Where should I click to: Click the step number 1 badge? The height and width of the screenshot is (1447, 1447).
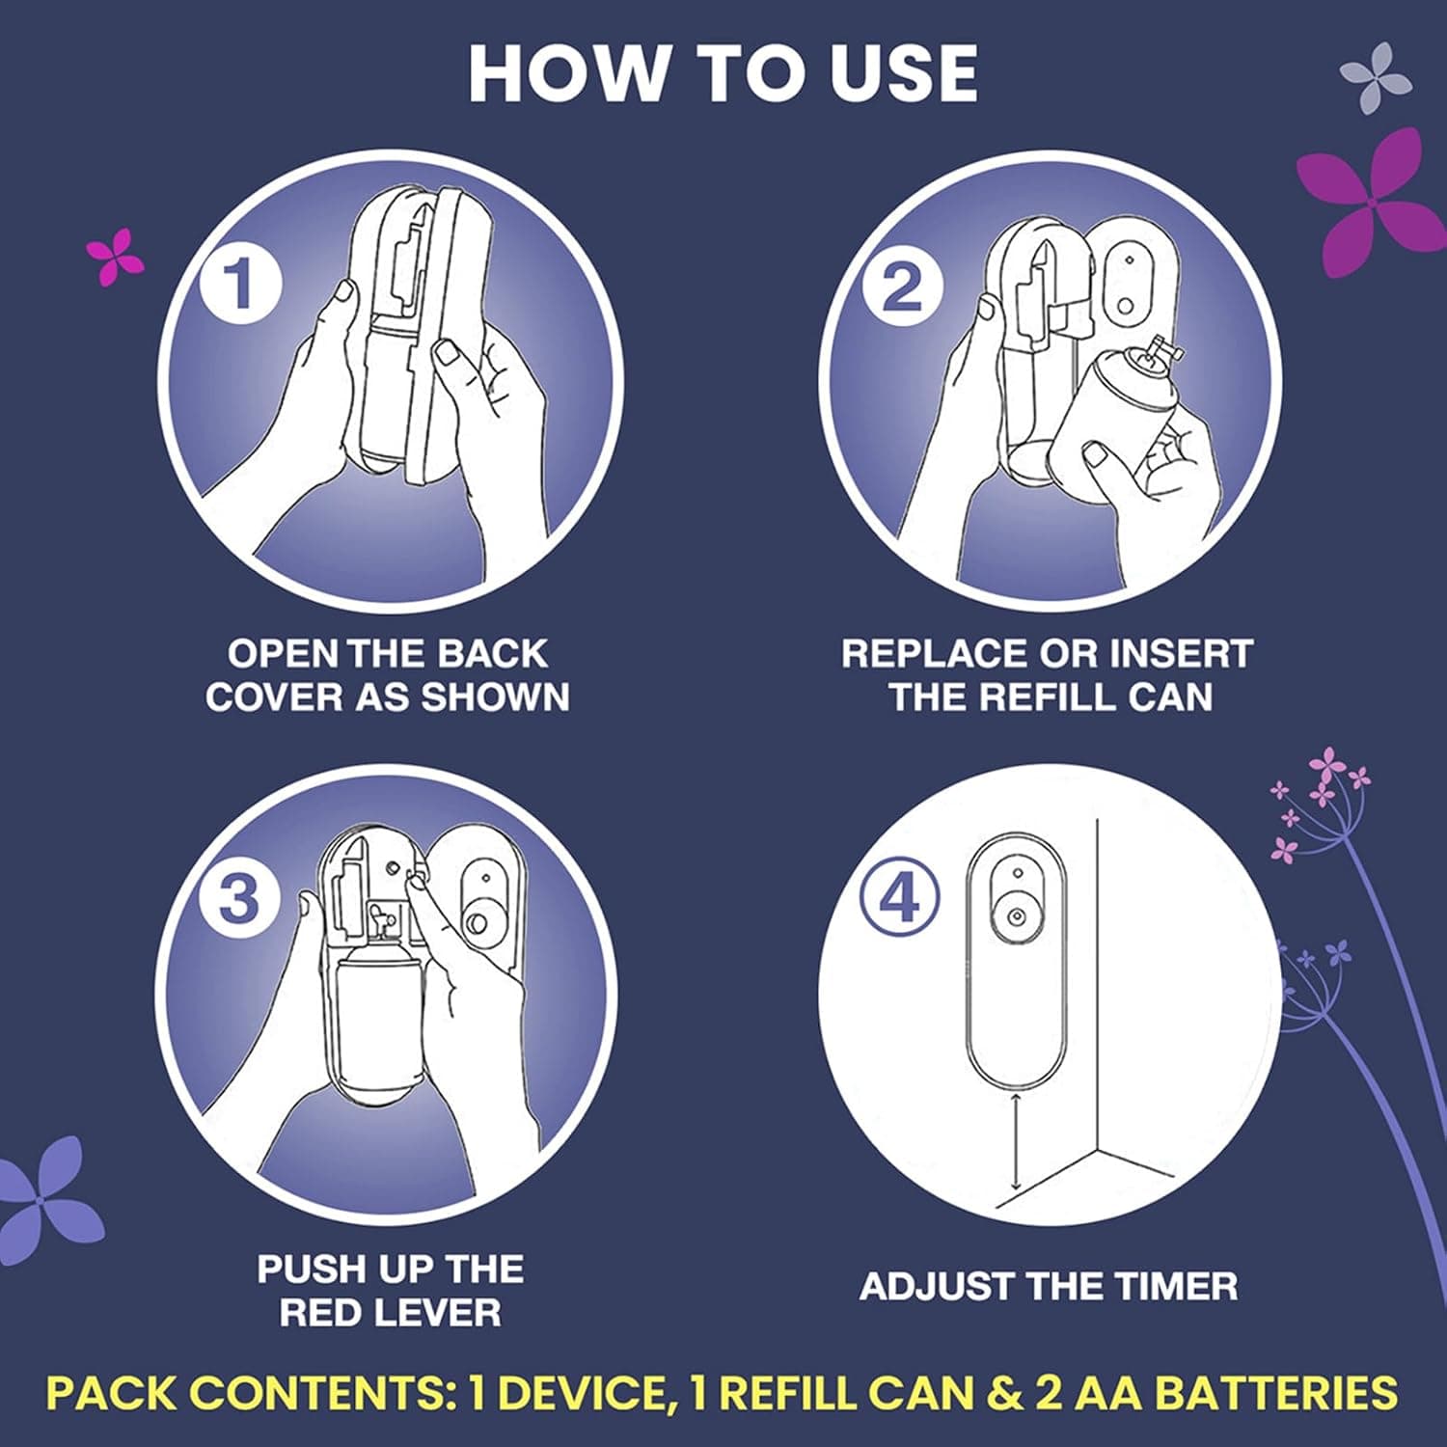240,283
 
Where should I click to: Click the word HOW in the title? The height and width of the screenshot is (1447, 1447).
569,73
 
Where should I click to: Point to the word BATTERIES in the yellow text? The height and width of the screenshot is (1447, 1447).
1276,1393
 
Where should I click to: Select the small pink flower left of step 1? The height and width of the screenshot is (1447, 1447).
114,256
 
